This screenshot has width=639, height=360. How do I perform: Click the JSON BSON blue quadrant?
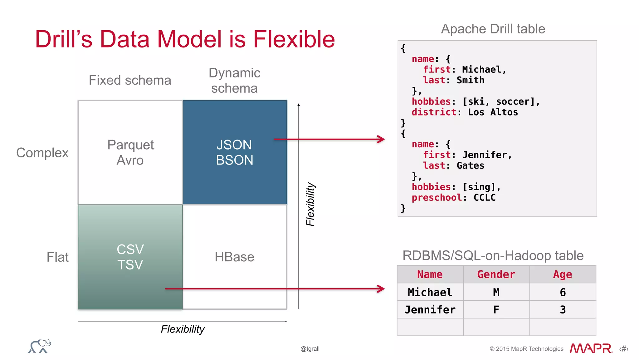pyautogui.click(x=235, y=152)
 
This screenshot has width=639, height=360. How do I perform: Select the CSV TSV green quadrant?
pyautogui.click(x=130, y=257)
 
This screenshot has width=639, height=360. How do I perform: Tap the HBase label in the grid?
pyautogui.click(x=234, y=257)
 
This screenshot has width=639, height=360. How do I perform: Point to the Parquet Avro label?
pyautogui.click(x=130, y=152)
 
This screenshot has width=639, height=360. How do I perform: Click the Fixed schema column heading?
pyautogui.click(x=130, y=80)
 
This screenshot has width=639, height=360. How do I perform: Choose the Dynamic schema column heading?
pyautogui.click(x=234, y=81)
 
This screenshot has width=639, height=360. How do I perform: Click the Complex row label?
pyautogui.click(x=42, y=153)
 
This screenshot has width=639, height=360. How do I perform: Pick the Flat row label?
pyautogui.click(x=57, y=257)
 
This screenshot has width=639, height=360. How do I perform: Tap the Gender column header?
pyautogui.click(x=496, y=274)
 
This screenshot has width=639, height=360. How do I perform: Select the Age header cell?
pyautogui.click(x=563, y=274)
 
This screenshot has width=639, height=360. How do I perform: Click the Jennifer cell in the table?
pyautogui.click(x=430, y=310)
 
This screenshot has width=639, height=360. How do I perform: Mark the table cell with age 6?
pyautogui.click(x=563, y=292)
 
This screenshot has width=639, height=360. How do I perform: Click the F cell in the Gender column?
pyautogui.click(x=496, y=310)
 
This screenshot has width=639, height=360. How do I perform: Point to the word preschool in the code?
pyautogui.click(x=437, y=198)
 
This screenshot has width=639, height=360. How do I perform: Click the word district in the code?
pyautogui.click(x=434, y=112)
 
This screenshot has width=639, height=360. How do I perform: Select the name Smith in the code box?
pyautogui.click(x=470, y=80)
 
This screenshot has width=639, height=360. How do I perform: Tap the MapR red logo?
pyautogui.click(x=591, y=348)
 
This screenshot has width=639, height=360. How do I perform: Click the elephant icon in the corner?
pyautogui.click(x=40, y=346)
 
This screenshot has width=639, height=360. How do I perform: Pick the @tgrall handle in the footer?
pyautogui.click(x=310, y=349)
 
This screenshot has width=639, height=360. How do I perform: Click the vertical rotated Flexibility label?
pyautogui.click(x=310, y=204)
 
